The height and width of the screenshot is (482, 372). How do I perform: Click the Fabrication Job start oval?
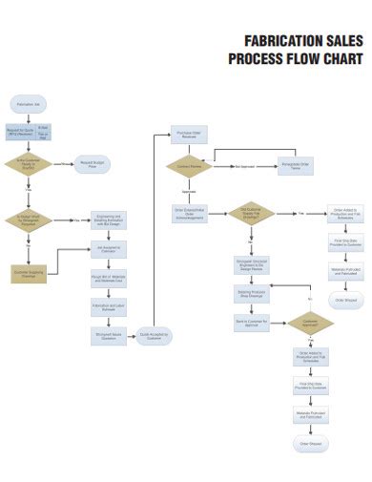29,102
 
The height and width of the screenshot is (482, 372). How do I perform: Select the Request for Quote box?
21,132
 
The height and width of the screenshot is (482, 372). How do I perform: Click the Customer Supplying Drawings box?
29,274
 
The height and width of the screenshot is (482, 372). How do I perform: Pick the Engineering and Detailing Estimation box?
108,220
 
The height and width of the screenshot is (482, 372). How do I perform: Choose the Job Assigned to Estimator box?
108,250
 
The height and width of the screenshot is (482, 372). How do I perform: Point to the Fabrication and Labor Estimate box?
108,307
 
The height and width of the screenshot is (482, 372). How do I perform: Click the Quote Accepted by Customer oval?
154,336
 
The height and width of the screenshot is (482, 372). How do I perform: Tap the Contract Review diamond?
188,165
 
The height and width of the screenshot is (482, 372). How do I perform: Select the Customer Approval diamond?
310,325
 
